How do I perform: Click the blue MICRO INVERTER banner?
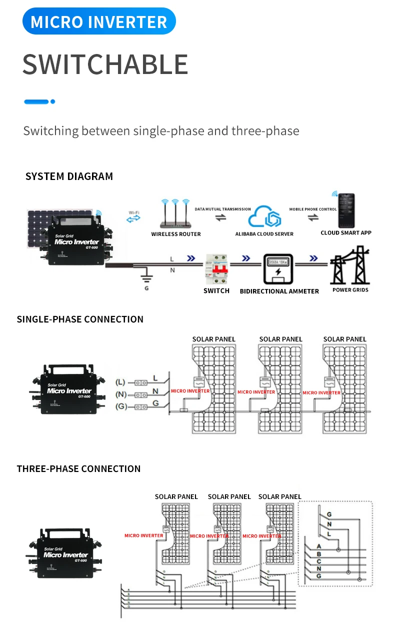(x=99, y=21)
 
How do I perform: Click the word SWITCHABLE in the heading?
(x=105, y=64)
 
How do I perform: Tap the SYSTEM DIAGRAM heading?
(x=69, y=176)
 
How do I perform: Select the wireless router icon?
(x=175, y=213)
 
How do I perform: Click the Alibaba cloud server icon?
(x=264, y=216)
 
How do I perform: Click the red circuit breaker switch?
(x=216, y=270)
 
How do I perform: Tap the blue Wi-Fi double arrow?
(x=133, y=219)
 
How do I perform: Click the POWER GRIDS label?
(x=350, y=290)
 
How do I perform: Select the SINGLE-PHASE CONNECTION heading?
(x=80, y=319)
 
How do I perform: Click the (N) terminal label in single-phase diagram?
(x=120, y=394)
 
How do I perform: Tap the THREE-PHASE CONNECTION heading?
(x=78, y=468)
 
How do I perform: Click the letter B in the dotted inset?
(x=318, y=553)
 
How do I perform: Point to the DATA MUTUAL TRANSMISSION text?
(x=222, y=209)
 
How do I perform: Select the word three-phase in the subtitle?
(x=265, y=131)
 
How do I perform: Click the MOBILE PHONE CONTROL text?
(x=313, y=209)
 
